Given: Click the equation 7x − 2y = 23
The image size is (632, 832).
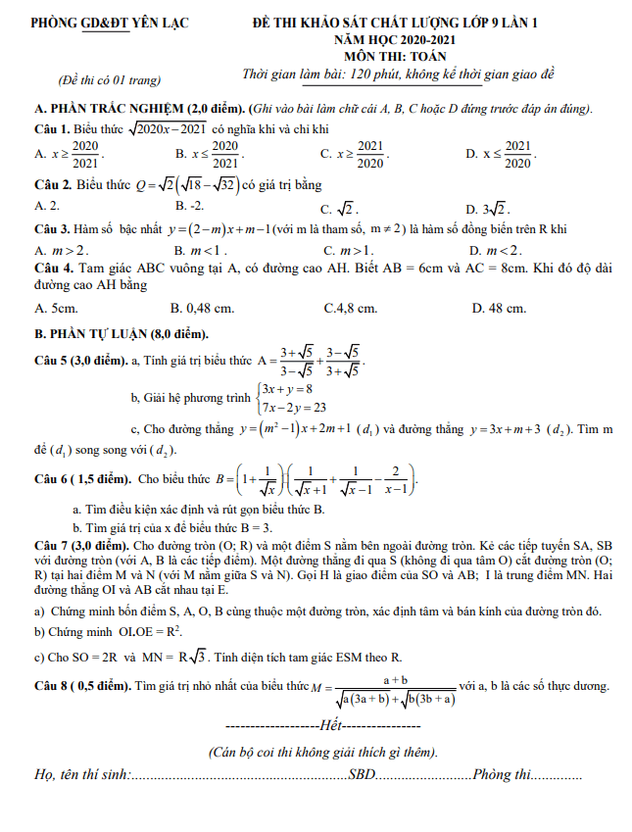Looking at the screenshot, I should point(294,408).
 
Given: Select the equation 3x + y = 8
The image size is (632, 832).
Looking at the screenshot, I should point(286,390).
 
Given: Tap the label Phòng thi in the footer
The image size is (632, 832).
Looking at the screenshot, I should point(501,775).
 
